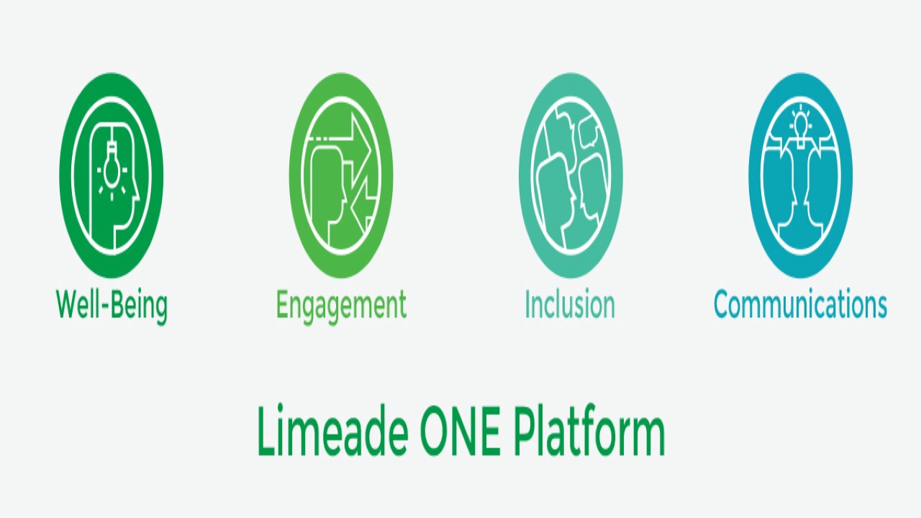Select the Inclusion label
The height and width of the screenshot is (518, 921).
click(570, 304)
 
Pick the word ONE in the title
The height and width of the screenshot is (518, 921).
click(460, 430)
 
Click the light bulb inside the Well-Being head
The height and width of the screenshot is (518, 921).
click(111, 168)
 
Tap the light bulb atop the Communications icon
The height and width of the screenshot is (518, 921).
click(800, 125)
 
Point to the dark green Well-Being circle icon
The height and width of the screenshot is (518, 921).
click(112, 176)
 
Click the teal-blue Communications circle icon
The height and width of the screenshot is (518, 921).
click(800, 176)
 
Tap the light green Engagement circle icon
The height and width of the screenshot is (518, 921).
click(341, 176)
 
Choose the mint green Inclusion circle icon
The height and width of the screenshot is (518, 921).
click(571, 176)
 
